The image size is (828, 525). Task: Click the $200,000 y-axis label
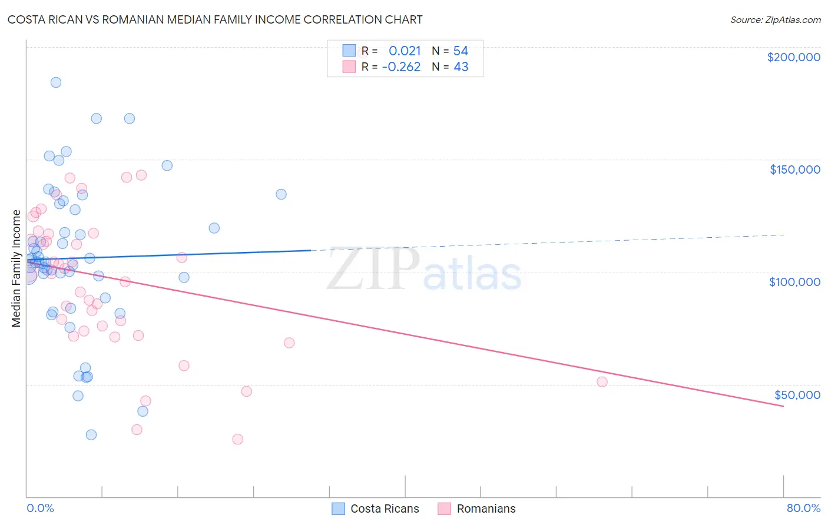[x=793, y=57]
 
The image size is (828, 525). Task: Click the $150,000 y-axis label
[x=794, y=170]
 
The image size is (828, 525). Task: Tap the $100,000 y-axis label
[x=794, y=282]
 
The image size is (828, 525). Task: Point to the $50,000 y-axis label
[x=797, y=394]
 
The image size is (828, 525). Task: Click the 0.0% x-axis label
[x=40, y=508]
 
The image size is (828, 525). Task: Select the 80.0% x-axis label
[x=803, y=508]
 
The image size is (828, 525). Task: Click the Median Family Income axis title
[x=16, y=268]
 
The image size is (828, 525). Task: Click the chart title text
[x=215, y=19]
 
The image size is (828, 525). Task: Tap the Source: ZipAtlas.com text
[x=775, y=20]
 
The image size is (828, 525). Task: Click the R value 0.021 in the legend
[x=405, y=51]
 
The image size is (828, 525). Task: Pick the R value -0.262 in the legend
[x=401, y=67]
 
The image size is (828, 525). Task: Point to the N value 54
[x=461, y=51]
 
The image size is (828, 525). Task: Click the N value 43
[x=461, y=67]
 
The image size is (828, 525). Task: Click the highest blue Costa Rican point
[x=56, y=82]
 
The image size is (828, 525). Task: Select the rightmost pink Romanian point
[x=602, y=382]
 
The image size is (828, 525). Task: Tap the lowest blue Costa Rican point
[x=91, y=435]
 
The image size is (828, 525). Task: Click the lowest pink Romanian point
[x=237, y=439]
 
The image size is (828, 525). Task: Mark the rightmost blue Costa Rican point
[x=281, y=194]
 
